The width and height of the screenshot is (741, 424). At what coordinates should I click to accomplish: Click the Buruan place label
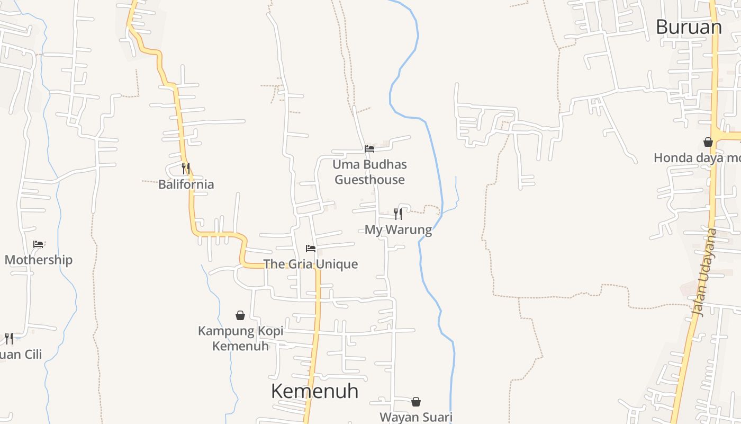coord(689,26)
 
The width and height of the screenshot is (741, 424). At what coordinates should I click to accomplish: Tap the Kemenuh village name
coord(314,391)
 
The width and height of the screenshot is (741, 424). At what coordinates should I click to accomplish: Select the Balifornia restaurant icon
coord(186,169)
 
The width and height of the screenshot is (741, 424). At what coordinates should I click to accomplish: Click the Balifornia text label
coord(186,184)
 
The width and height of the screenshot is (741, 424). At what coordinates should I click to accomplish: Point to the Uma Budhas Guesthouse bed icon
coord(369,149)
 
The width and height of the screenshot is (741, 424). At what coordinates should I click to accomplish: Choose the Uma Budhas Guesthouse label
coord(369,172)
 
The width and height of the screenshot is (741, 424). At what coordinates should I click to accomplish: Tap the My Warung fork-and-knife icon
coord(398,214)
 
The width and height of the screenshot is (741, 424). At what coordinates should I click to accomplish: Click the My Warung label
coord(398,229)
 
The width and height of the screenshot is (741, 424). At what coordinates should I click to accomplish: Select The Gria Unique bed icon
coord(311,248)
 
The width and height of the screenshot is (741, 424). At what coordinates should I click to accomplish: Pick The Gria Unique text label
coord(311,264)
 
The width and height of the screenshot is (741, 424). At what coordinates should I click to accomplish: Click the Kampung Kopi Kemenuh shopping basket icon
coord(240,315)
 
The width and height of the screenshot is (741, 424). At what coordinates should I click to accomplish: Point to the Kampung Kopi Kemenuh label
coord(241,338)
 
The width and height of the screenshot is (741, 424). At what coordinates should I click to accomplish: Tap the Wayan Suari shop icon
coord(416,402)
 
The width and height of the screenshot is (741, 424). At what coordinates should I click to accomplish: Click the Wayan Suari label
coord(416,417)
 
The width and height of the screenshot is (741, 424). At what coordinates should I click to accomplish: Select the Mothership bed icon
coord(38,244)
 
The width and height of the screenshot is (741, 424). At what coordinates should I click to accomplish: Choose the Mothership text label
coord(39,260)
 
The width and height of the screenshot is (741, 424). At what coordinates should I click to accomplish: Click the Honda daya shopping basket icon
coord(708,142)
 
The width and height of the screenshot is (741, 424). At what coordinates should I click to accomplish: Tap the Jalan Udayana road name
coord(704,272)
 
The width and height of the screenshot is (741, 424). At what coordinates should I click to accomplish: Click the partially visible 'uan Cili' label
coord(21,354)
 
